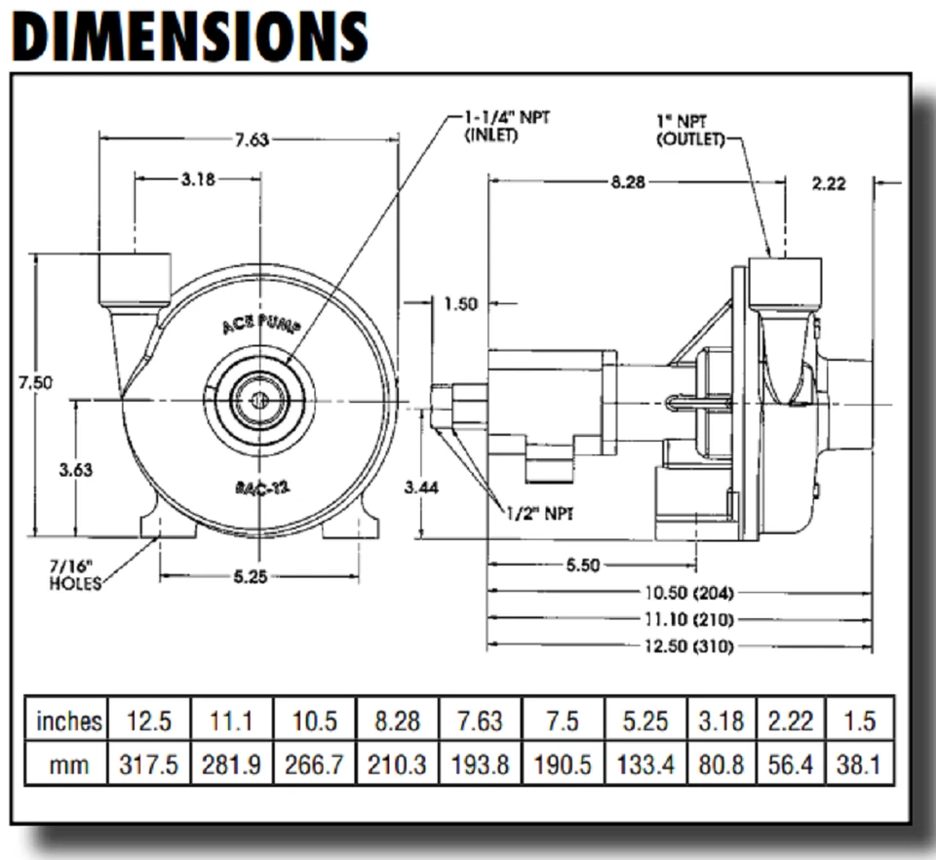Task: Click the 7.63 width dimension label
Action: [x=251, y=139]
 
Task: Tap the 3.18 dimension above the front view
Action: [x=198, y=179]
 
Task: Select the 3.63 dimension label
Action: [x=75, y=469]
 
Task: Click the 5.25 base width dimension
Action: [x=251, y=576]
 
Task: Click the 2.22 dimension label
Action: [x=828, y=183]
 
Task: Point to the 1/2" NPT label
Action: [x=539, y=513]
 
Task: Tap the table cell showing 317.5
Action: [x=149, y=764]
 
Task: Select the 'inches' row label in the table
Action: [x=68, y=722]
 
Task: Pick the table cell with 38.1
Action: [x=859, y=764]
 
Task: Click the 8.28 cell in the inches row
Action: [x=398, y=722]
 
